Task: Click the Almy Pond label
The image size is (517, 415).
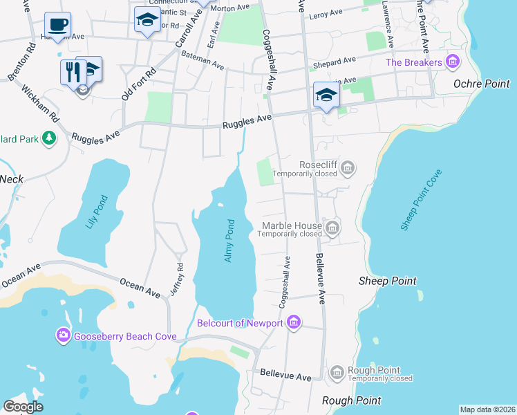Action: click(x=230, y=241)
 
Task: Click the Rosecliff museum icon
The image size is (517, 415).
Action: click(x=348, y=167)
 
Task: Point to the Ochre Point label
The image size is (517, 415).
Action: click(x=480, y=84)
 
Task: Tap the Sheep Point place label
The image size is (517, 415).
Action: click(x=388, y=281)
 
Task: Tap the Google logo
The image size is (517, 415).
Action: click(x=23, y=407)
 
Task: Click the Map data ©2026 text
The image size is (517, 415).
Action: click(x=487, y=409)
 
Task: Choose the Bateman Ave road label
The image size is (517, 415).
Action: click(x=204, y=65)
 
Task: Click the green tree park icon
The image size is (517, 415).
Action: click(x=48, y=138)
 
